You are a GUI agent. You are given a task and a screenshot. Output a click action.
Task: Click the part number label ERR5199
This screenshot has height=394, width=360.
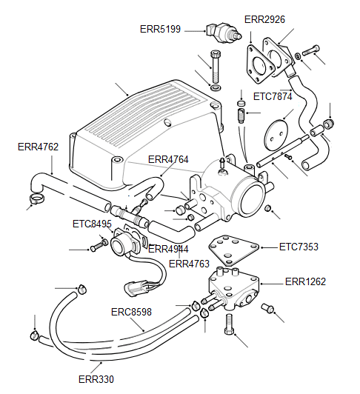click(x=160, y=29)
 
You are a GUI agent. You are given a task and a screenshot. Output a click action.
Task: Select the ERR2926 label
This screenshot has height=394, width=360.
click(x=264, y=19)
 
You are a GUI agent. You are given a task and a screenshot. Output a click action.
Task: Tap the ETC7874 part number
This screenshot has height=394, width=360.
click(x=273, y=96)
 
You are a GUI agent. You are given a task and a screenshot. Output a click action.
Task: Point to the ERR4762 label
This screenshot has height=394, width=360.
click(x=38, y=147)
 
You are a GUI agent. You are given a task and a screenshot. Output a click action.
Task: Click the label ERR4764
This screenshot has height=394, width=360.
click(x=168, y=159)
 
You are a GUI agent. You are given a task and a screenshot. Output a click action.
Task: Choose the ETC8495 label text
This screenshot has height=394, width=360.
click(x=92, y=224)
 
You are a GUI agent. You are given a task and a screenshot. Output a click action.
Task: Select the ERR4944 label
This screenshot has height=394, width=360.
click(x=168, y=249)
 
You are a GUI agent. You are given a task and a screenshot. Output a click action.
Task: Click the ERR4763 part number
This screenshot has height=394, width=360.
click(x=189, y=263)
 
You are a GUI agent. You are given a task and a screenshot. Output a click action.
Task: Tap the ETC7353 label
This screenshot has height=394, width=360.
click(x=299, y=246)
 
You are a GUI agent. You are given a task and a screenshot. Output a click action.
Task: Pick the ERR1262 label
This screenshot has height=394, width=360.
click(x=306, y=281)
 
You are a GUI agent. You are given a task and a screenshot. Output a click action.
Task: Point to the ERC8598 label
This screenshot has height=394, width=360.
click(x=131, y=312)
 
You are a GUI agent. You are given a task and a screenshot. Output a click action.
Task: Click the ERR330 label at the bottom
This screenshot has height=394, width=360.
click(x=96, y=379)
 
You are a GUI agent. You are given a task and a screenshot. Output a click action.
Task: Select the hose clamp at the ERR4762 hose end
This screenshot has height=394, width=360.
click(x=35, y=198)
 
